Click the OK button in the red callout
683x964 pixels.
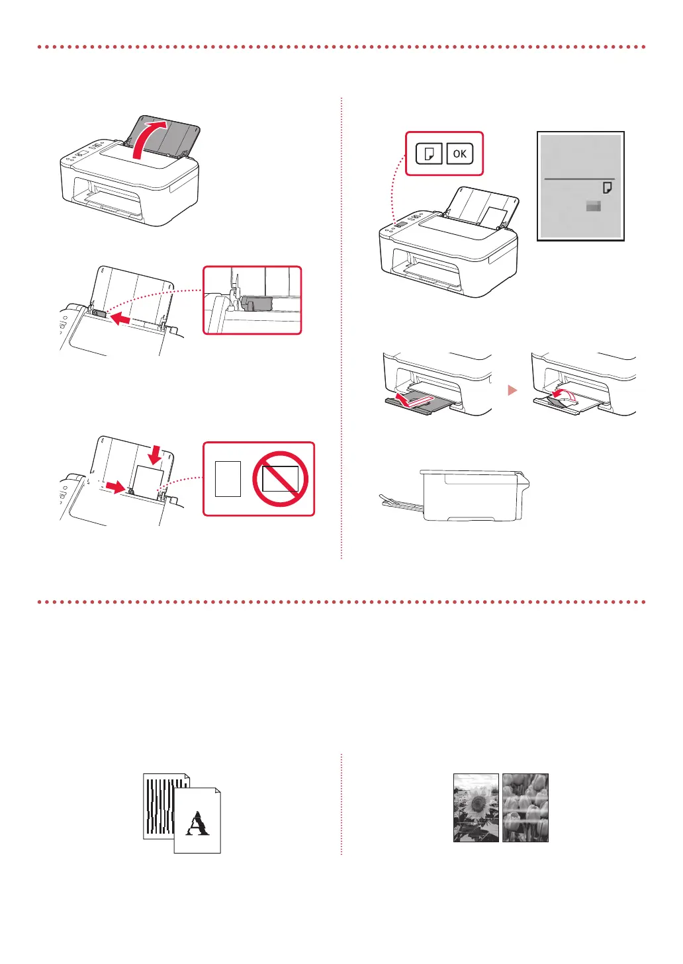[x=459, y=153]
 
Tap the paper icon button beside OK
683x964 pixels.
[x=429, y=153]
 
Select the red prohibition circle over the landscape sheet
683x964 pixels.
[x=280, y=478]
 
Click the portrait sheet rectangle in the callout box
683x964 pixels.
[x=228, y=478]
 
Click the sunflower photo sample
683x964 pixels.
[x=476, y=807]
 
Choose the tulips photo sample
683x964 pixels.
[x=525, y=807]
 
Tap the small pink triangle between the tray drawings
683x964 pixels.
[x=512, y=390]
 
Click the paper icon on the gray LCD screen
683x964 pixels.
[x=607, y=189]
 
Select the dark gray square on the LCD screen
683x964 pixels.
[x=594, y=206]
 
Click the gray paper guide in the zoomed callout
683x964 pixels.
[x=257, y=303]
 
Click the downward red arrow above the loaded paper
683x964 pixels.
[x=155, y=453]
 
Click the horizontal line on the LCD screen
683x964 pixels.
[x=579, y=179]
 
